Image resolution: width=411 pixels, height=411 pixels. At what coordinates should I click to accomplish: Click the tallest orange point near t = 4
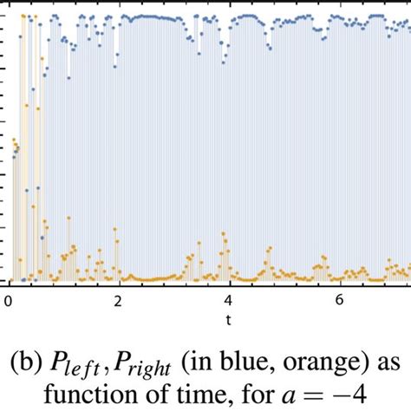pyautogui.click(x=225, y=233)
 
